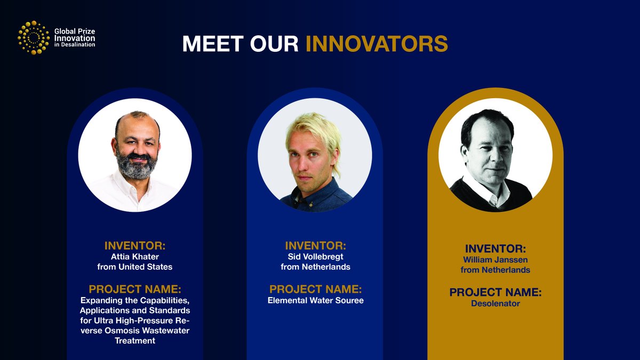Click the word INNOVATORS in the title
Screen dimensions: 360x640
(x=376, y=44)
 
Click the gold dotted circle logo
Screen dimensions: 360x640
(x=33, y=37)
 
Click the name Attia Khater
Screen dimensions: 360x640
(x=134, y=257)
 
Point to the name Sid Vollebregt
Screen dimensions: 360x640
(x=315, y=257)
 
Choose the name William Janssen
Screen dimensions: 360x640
(x=495, y=260)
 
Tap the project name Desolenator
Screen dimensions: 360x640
(x=495, y=304)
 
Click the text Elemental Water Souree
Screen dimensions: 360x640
(x=315, y=300)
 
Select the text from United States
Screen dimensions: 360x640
(x=134, y=266)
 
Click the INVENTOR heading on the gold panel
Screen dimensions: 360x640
(x=495, y=249)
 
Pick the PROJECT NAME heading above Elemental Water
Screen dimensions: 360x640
(x=315, y=289)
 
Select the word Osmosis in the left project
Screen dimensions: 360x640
(x=123, y=331)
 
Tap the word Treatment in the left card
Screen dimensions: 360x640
(x=135, y=341)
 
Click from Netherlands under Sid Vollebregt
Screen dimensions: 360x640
(x=315, y=266)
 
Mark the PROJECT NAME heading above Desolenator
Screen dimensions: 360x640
(x=495, y=293)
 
